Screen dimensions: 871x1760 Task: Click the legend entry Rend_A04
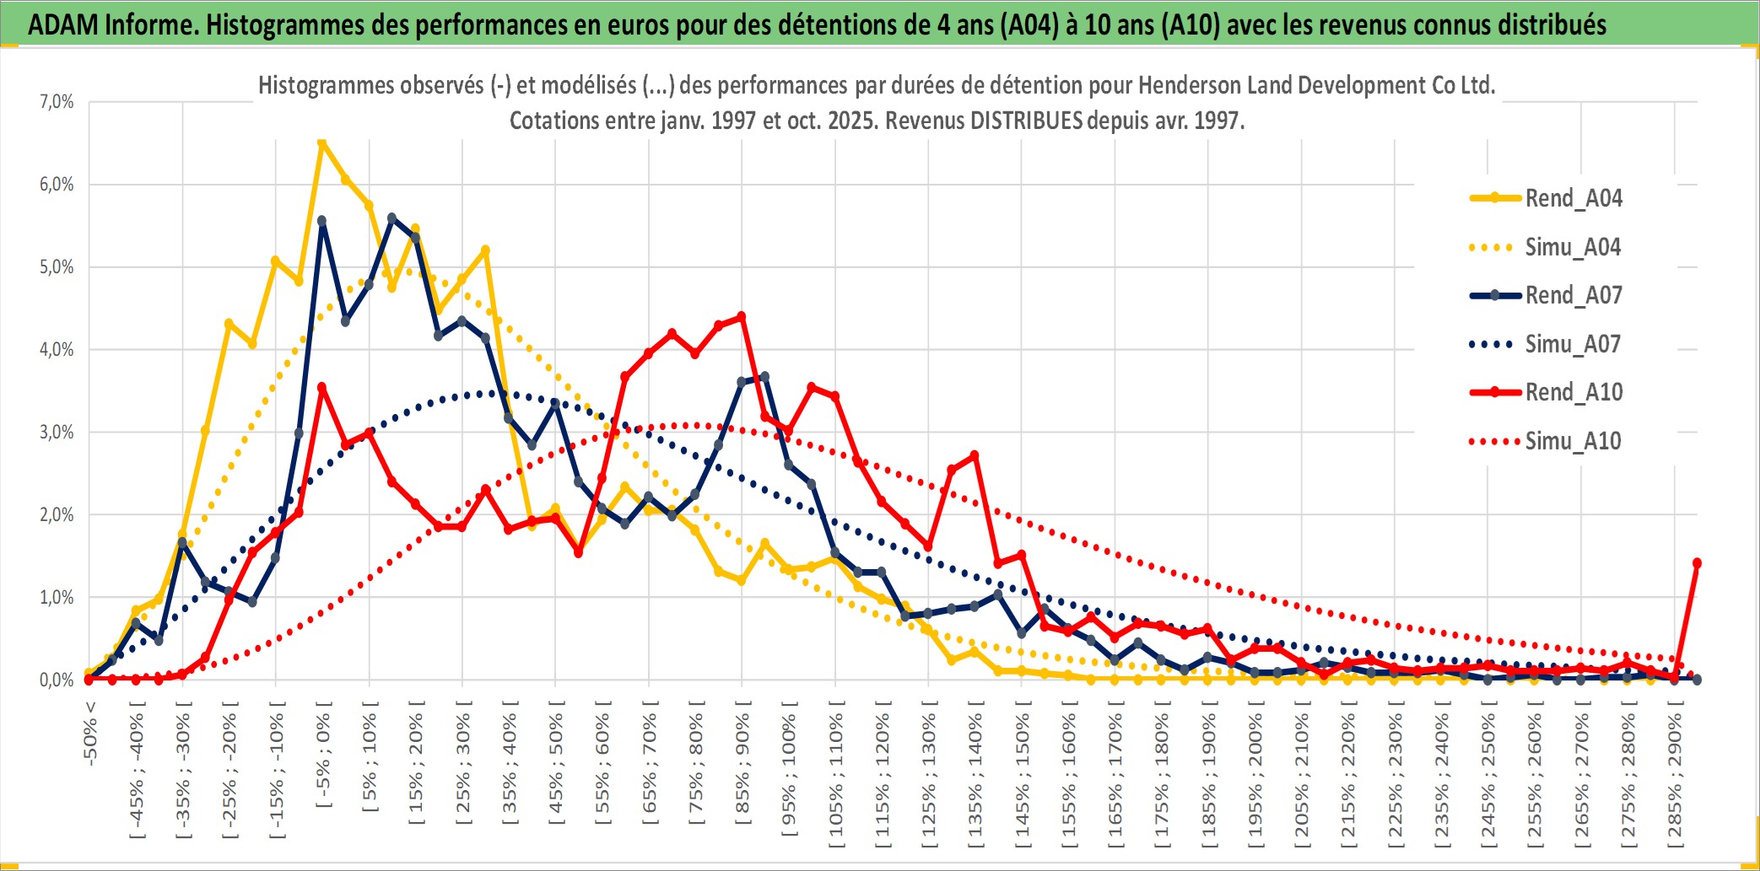(x=1573, y=198)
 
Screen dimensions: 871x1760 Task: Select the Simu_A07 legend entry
(x=1572, y=344)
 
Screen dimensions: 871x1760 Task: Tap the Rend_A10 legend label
(x=1574, y=392)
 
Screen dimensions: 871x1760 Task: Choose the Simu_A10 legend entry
(x=1573, y=441)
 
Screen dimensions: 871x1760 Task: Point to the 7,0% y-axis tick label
(x=57, y=102)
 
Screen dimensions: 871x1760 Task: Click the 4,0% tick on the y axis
(x=57, y=350)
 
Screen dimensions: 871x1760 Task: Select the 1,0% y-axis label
(x=57, y=598)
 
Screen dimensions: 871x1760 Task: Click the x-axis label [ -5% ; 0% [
(x=324, y=755)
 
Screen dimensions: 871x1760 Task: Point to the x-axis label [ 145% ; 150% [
(x=1022, y=776)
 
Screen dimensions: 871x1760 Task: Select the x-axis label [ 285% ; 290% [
(x=1675, y=776)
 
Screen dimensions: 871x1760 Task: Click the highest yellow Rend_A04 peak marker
(x=321, y=143)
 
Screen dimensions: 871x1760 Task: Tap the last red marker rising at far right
(x=1697, y=563)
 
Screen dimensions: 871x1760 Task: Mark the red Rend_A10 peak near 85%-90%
(x=742, y=317)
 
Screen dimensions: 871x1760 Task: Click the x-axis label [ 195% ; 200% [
(x=1255, y=776)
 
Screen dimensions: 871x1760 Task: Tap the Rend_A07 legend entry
(x=1573, y=295)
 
